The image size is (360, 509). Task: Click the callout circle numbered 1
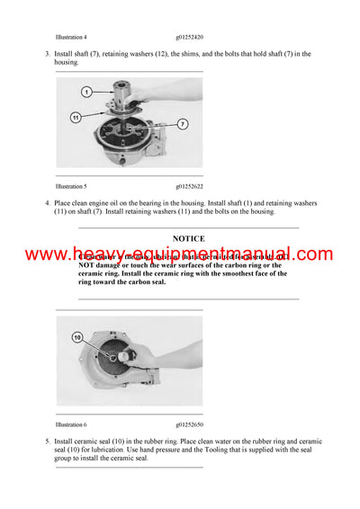[x=86, y=92]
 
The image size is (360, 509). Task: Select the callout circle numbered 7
[x=183, y=123]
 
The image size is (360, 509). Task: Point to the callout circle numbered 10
[x=77, y=337]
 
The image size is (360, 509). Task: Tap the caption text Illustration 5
[x=71, y=186]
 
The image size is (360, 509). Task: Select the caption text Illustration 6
[x=71, y=424]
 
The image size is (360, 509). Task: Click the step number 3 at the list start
[x=47, y=54]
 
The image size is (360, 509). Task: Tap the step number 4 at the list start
[x=47, y=202]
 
